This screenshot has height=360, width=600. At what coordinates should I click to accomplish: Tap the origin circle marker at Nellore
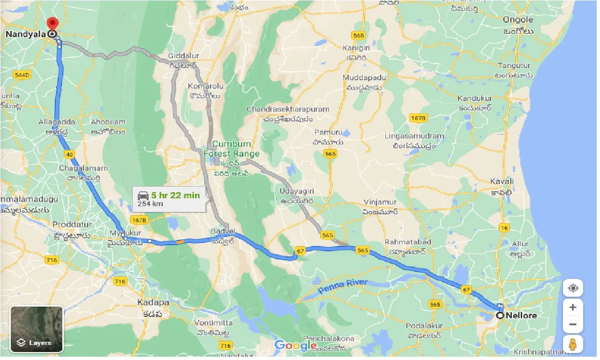tap(500, 315)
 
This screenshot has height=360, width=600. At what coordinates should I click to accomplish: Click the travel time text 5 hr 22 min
tap(175, 195)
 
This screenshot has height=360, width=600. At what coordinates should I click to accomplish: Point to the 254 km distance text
tap(149, 204)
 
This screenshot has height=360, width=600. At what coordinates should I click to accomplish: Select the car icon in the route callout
tap(142, 195)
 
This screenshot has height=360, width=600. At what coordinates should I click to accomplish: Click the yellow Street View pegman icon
tap(573, 345)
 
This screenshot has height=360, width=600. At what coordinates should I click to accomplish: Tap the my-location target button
tap(573, 288)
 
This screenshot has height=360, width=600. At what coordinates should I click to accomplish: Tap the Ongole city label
tap(518, 20)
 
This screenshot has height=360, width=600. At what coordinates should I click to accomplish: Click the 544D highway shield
tap(22, 75)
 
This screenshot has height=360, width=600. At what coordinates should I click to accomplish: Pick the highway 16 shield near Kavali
tap(504, 228)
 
